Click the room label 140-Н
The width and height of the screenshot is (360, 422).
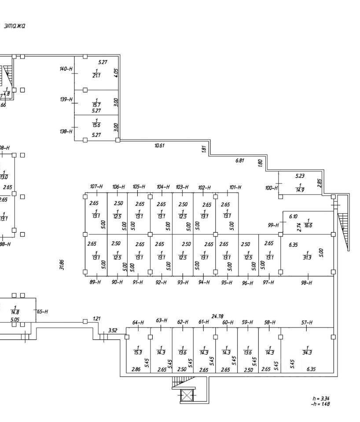pyautogui.click(x=66, y=69)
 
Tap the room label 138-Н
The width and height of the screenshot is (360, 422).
pyautogui.click(x=66, y=131)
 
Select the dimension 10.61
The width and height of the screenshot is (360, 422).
pyautogui.click(x=159, y=146)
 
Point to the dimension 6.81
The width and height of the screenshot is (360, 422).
pyautogui.click(x=239, y=160)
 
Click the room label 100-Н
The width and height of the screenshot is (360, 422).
pyautogui.click(x=271, y=188)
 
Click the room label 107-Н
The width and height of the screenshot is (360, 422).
pyautogui.click(x=96, y=187)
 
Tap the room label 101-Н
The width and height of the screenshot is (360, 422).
pyautogui.click(x=235, y=188)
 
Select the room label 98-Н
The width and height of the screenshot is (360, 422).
pyautogui.click(x=306, y=283)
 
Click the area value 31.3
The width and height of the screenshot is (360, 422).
pyautogui.click(x=307, y=258)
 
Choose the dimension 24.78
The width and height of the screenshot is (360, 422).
pyautogui.click(x=217, y=316)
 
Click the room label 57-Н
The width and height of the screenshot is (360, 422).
pyautogui.click(x=307, y=323)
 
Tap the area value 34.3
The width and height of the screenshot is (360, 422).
pyautogui.click(x=307, y=352)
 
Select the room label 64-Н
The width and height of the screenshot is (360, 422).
pyautogui.click(x=138, y=323)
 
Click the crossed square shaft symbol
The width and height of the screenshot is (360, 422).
pyautogui.click(x=187, y=396)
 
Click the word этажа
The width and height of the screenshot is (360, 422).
pyautogui.click(x=15, y=26)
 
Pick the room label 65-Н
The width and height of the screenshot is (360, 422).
pyautogui.click(x=42, y=312)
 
